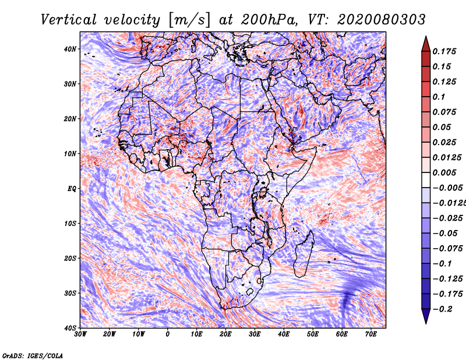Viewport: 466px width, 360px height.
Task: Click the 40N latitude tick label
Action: [x=70, y=49]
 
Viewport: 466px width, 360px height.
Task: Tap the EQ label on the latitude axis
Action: [x=72, y=189]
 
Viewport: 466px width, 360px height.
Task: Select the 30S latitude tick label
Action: [x=70, y=294]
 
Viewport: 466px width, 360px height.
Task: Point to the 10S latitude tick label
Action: [x=70, y=224]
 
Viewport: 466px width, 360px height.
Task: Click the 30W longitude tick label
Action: [x=80, y=334]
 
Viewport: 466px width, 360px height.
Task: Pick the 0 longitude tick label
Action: [x=168, y=334]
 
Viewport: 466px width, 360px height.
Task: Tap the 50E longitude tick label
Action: [x=313, y=334]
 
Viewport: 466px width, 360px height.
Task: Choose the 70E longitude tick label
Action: [x=371, y=334]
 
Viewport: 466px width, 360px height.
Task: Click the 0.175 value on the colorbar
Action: [x=444, y=51]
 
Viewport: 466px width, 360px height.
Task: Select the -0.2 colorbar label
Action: [x=443, y=309]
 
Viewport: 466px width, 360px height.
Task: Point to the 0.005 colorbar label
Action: [x=444, y=172]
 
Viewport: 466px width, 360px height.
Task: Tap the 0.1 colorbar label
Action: [x=439, y=97]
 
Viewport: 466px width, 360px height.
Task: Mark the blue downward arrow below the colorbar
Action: [x=426, y=316]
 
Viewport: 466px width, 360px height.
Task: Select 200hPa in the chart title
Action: [x=269, y=20]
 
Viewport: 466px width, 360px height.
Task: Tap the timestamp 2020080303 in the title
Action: [x=382, y=20]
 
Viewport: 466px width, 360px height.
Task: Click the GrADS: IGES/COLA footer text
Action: [x=33, y=356]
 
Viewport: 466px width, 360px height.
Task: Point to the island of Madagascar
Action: [x=303, y=254]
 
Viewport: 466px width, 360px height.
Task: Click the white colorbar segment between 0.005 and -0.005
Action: [x=426, y=180]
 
